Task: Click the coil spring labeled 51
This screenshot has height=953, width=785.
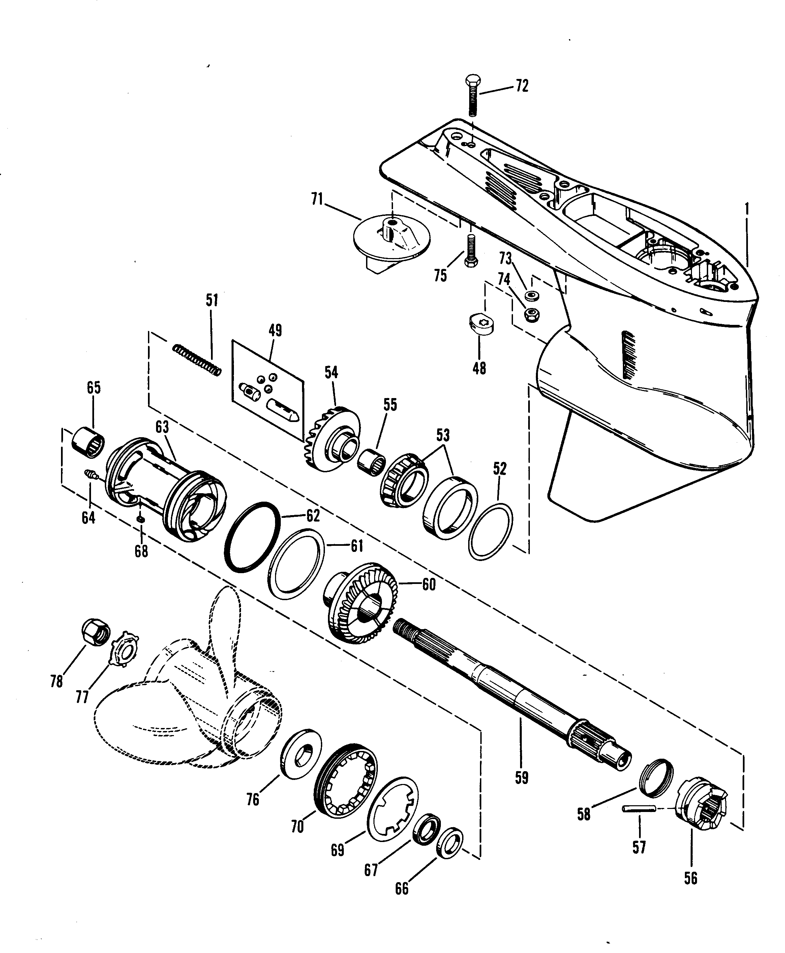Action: pos(198,360)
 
